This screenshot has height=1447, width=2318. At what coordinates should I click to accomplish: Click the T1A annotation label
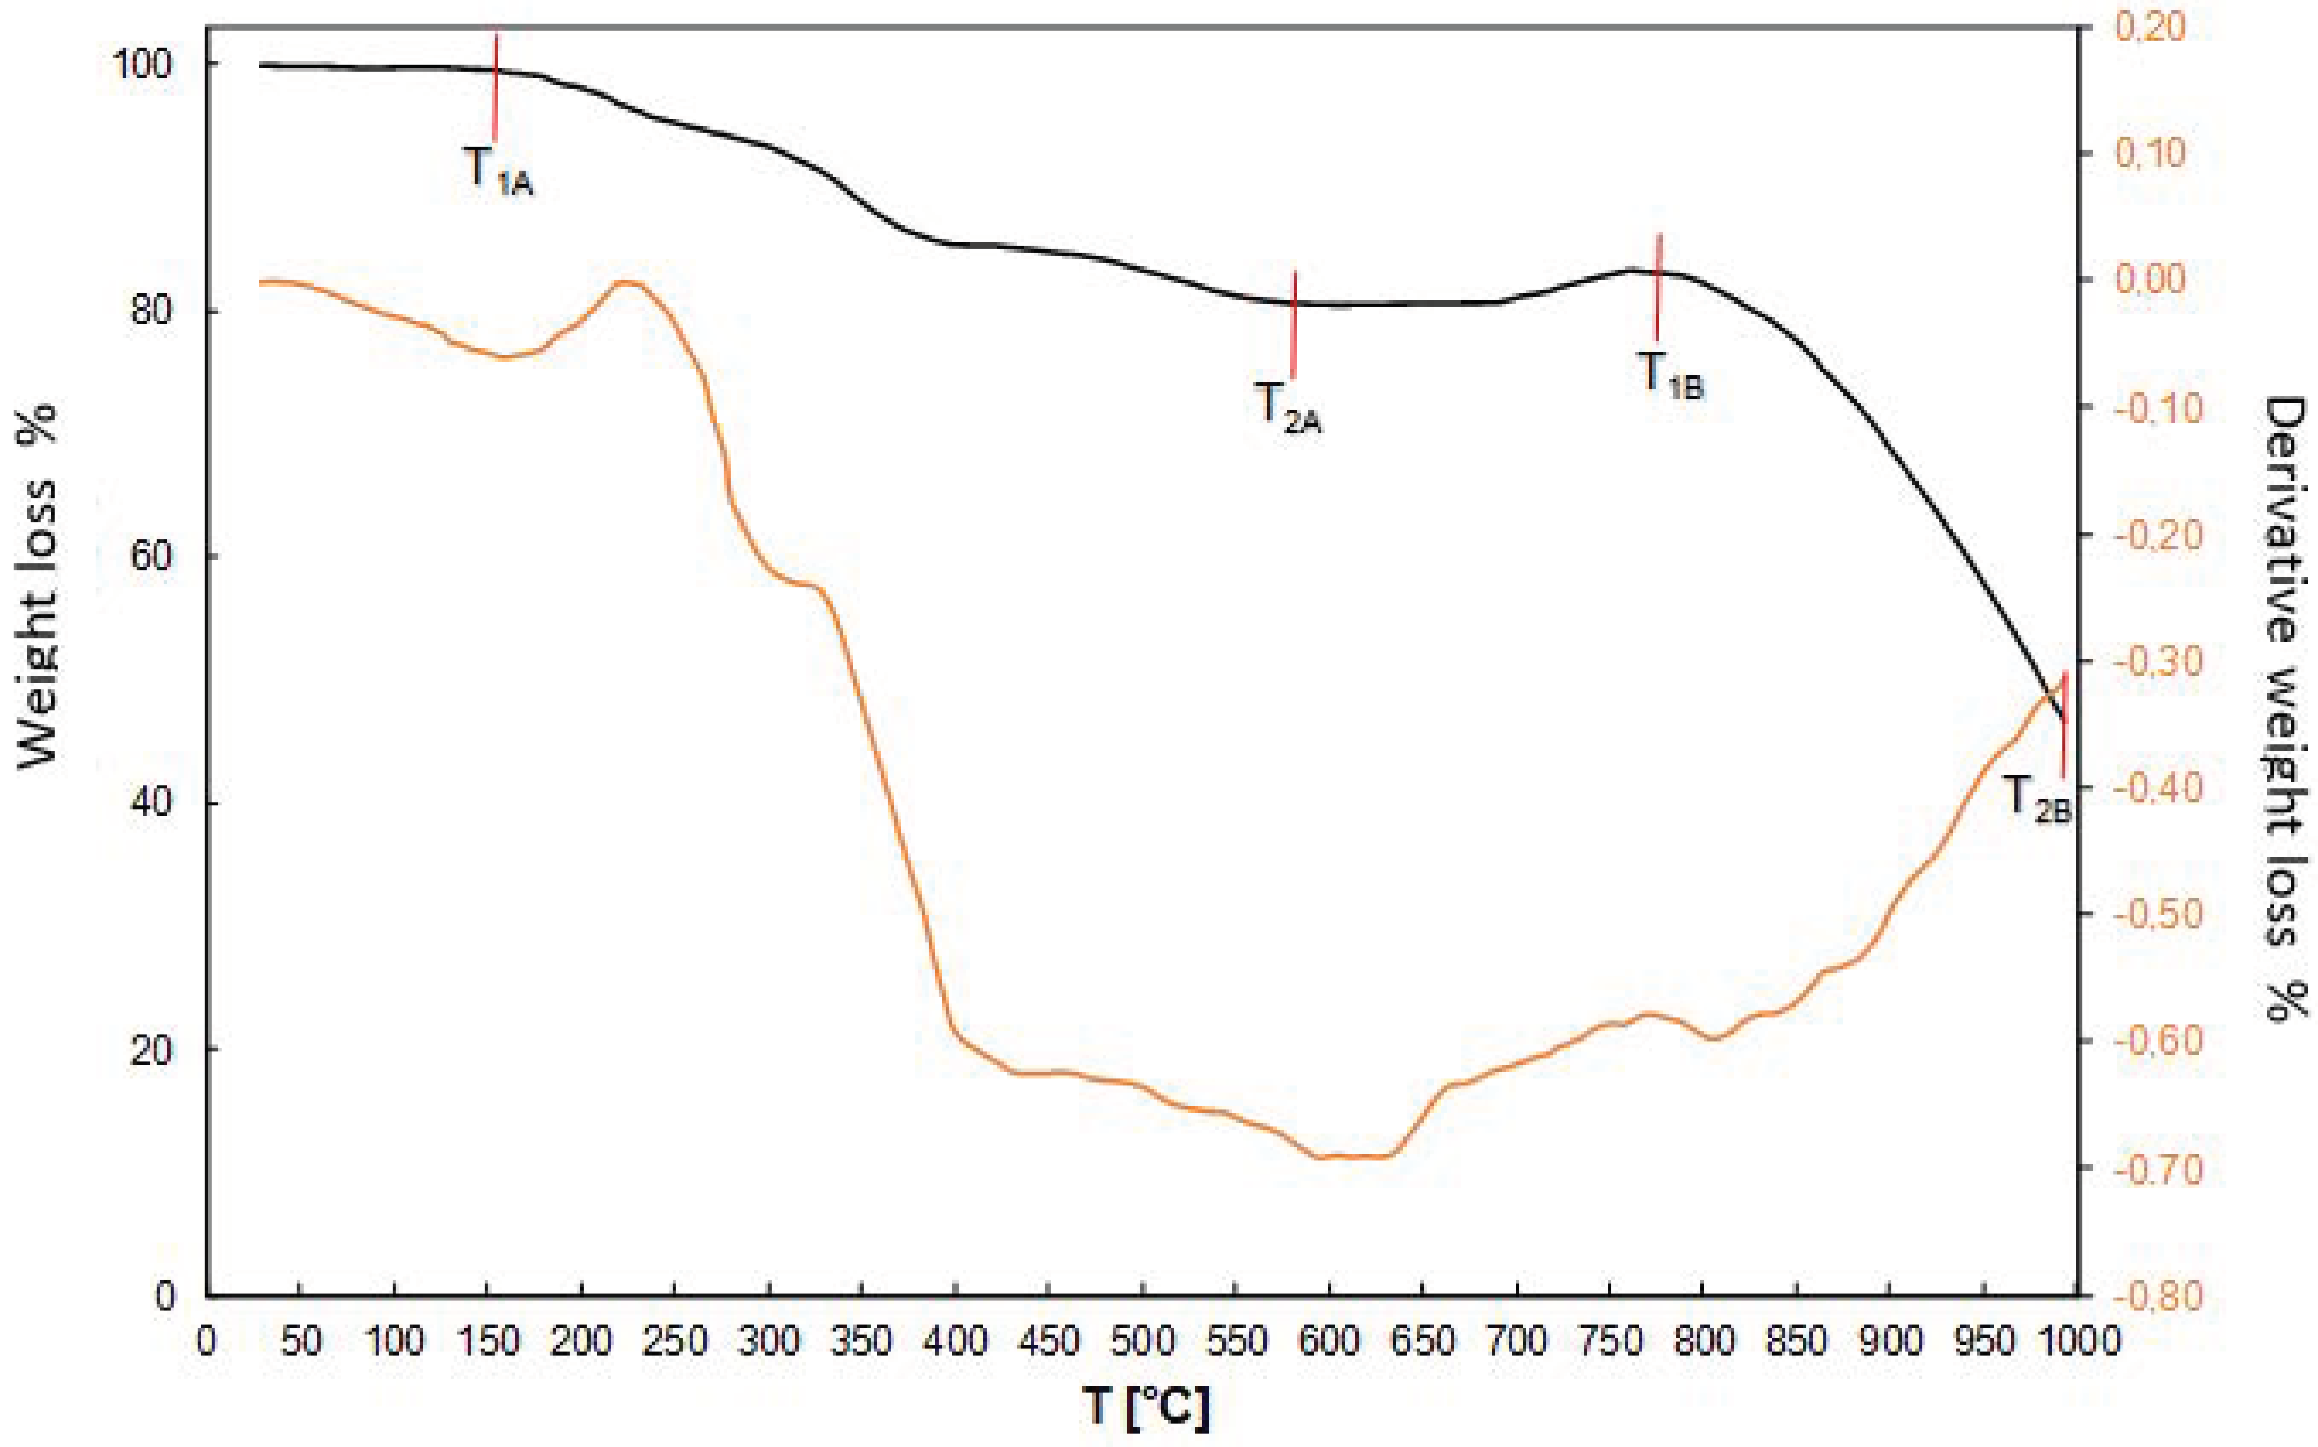coord(498,171)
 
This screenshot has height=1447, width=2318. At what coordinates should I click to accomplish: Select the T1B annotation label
coord(1669,375)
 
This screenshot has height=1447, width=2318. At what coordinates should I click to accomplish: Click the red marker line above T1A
coord(496,86)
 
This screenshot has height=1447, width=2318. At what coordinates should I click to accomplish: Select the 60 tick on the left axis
coord(151,557)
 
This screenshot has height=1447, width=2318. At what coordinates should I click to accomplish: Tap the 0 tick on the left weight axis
coord(165,1297)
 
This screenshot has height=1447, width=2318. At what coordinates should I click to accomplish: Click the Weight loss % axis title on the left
coord(38,586)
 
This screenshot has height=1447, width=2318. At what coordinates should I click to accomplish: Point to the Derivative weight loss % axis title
coord(2285,708)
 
